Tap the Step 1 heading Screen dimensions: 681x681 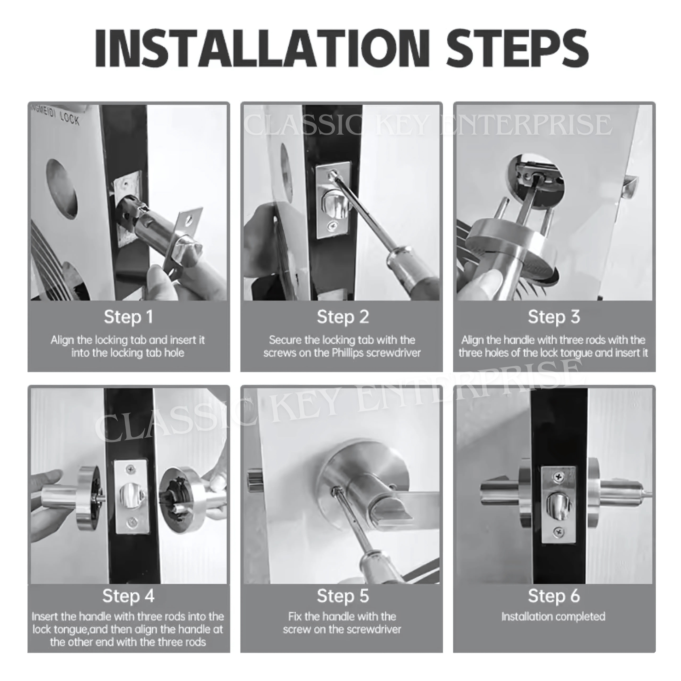(x=128, y=317)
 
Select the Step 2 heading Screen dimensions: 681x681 (x=343, y=317)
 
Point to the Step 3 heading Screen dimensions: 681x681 (x=554, y=317)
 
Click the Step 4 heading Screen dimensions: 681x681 (x=128, y=596)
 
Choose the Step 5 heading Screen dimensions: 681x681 (x=343, y=596)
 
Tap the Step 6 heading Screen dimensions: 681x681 (x=554, y=596)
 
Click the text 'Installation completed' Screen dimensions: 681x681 (x=553, y=616)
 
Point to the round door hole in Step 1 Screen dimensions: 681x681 (x=62, y=189)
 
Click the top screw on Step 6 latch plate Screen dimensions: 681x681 (x=559, y=477)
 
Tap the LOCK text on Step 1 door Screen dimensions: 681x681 (x=69, y=119)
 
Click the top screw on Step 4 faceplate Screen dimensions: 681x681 (x=131, y=469)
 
